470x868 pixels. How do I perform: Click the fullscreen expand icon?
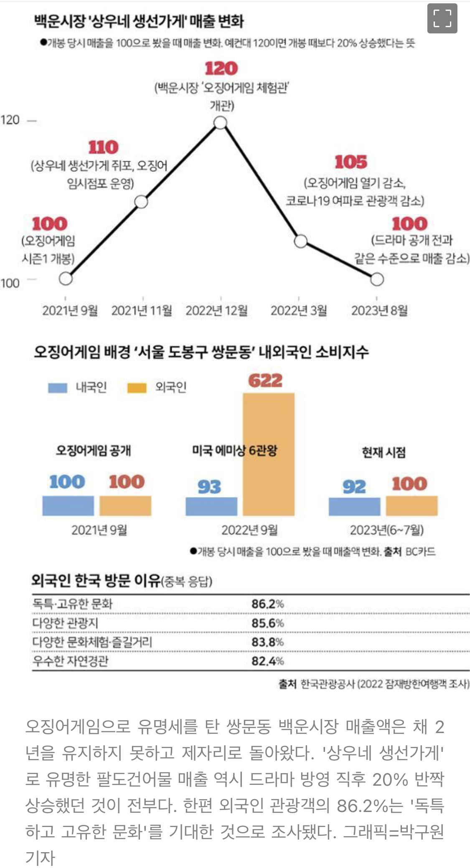442,18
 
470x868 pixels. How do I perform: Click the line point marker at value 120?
221,122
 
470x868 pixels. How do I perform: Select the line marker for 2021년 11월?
142,202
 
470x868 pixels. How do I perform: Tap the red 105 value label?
351,162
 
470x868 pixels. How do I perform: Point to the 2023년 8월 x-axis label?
379,310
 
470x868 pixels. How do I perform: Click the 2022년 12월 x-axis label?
216,310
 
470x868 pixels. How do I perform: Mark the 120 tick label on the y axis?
10,120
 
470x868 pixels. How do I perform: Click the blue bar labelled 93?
211,506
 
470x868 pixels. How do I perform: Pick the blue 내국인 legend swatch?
57,388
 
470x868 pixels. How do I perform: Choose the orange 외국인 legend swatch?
137,388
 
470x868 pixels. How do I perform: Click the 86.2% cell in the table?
267,604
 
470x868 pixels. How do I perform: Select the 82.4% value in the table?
267,661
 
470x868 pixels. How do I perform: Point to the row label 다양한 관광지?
65,623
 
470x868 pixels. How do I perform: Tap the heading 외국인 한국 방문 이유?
96,581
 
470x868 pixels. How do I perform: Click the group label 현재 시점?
384,452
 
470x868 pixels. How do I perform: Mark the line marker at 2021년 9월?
66,279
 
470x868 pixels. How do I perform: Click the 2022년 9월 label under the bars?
249,530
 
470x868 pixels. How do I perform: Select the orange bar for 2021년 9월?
125,505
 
